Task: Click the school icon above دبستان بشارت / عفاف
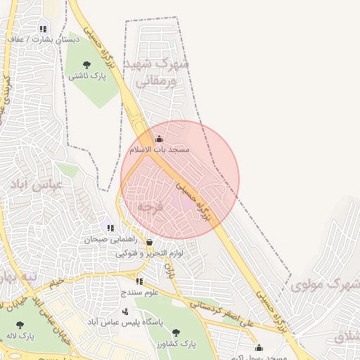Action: click(x=44, y=30)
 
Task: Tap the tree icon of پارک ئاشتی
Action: click(x=86, y=65)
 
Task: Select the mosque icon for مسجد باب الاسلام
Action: click(x=159, y=139)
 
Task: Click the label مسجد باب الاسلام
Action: click(x=160, y=150)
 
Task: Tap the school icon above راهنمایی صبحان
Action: click(x=110, y=228)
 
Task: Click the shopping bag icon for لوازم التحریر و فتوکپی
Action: click(x=149, y=243)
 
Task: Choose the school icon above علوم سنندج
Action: click(x=139, y=281)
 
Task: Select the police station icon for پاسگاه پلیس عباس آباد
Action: click(x=125, y=311)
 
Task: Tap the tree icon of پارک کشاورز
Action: click(x=176, y=333)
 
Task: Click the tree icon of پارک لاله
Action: click(x=19, y=325)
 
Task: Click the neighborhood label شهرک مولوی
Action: click(x=324, y=285)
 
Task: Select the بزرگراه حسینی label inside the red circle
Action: click(x=195, y=200)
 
